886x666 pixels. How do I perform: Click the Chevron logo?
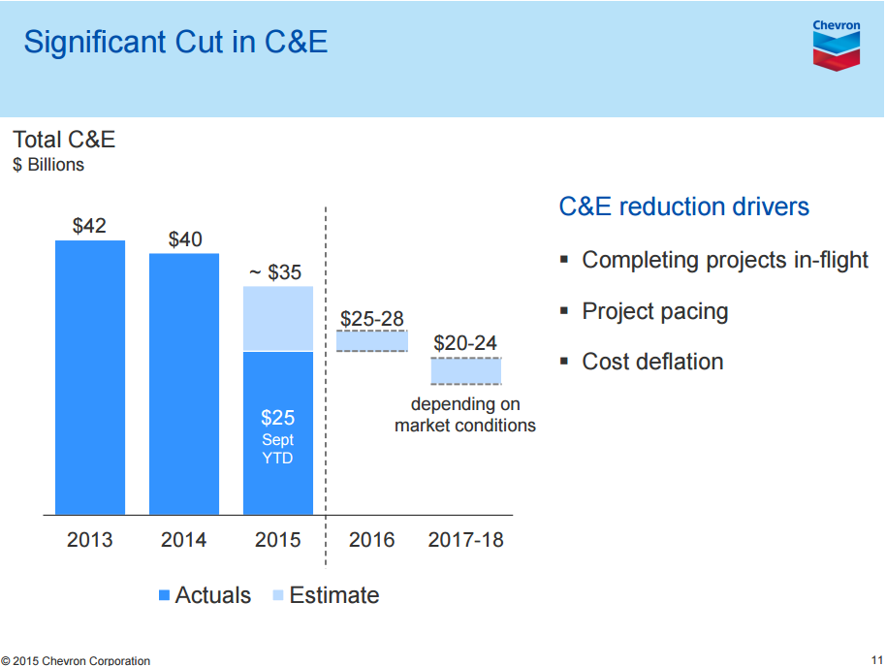click(x=836, y=45)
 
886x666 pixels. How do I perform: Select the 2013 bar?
click(x=90, y=377)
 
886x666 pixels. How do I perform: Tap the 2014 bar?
click(x=184, y=383)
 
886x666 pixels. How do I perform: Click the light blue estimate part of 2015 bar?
click(x=278, y=318)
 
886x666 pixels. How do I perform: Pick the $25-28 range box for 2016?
click(x=372, y=340)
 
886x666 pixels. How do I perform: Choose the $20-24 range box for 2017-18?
click(x=466, y=371)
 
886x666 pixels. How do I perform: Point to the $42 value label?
click(x=90, y=226)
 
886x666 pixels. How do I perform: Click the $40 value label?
click(x=185, y=238)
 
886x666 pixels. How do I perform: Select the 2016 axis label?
click(x=372, y=540)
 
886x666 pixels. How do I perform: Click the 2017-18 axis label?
click(x=466, y=540)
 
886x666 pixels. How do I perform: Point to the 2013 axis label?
click(x=90, y=540)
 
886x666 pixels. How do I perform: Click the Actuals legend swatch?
click(x=164, y=595)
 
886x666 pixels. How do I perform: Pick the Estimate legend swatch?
click(x=277, y=595)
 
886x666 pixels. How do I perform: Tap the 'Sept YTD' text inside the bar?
click(x=278, y=449)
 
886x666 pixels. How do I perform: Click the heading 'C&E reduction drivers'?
click(x=684, y=206)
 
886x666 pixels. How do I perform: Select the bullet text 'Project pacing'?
click(x=655, y=311)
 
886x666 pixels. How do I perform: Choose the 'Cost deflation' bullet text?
click(x=652, y=362)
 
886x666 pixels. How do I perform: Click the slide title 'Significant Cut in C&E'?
click(x=175, y=42)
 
